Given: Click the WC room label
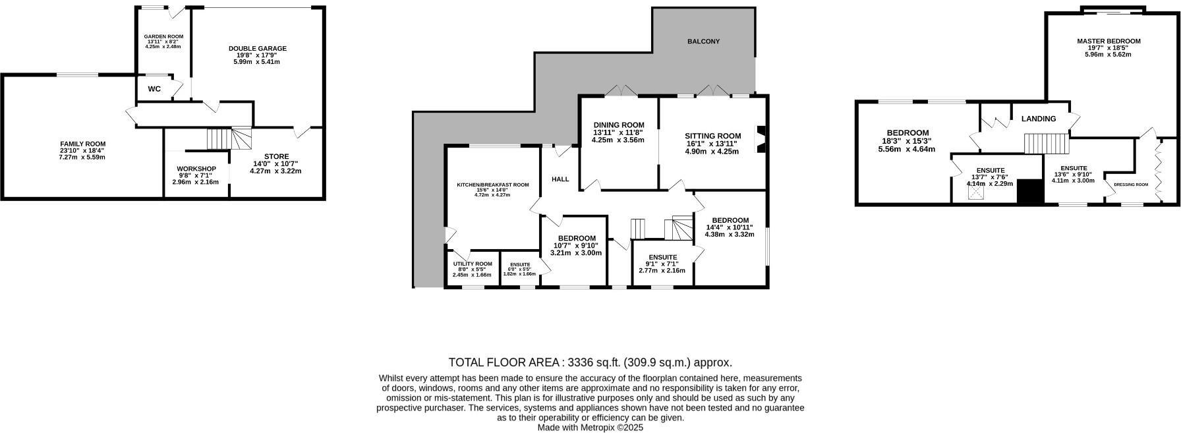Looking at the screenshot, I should tap(154, 89).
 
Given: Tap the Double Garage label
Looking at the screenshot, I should tap(257, 48).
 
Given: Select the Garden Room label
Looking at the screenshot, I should tap(163, 36).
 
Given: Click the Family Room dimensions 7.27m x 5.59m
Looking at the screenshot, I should tap(82, 157).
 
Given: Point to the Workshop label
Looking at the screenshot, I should tap(197, 169).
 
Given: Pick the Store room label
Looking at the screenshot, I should tap(275, 156).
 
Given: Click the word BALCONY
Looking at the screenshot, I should tap(703, 42).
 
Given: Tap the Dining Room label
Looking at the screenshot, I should tap(618, 125).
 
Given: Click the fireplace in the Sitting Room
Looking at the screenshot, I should tap(761, 139).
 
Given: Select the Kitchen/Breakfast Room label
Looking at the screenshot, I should tap(493, 185).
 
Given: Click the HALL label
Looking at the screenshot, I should tap(560, 179).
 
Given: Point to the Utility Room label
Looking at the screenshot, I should tap(472, 264).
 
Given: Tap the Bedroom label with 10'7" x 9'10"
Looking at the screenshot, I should tap(577, 239).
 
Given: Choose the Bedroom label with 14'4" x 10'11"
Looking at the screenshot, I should tap(730, 220).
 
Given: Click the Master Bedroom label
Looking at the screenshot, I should tap(1109, 41).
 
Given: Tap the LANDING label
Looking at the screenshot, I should tap(1039, 119).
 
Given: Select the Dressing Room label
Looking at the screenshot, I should tap(1130, 185).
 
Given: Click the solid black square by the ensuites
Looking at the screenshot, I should tap(1028, 192).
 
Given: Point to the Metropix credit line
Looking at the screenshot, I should tap(590, 427).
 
